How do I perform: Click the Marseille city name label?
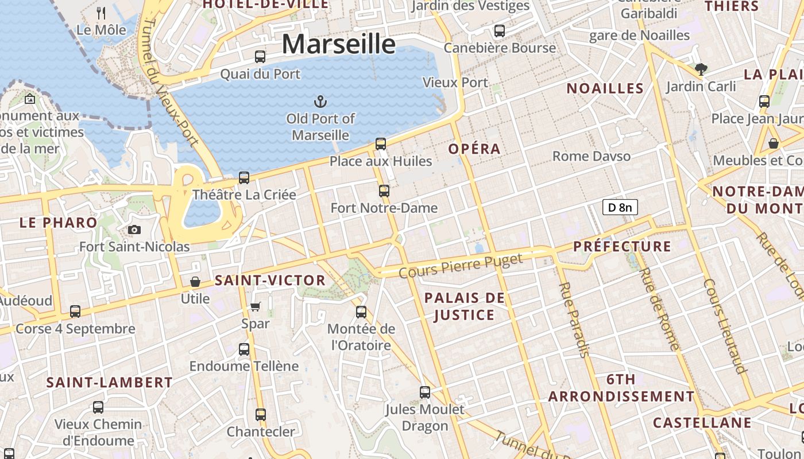click(338, 44)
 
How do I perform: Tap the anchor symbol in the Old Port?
click(320, 102)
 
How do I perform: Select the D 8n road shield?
click(620, 207)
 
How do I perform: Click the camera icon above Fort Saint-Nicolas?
click(134, 230)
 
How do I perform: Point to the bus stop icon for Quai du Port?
click(260, 57)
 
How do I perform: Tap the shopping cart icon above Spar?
click(256, 306)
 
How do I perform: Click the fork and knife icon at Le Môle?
click(101, 13)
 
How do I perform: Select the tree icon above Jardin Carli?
click(701, 69)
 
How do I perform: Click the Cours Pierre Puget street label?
click(461, 265)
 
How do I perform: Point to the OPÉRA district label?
click(474, 149)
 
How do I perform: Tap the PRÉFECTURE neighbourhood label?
click(622, 247)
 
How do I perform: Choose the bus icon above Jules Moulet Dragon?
click(425, 392)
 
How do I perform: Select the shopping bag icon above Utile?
click(195, 282)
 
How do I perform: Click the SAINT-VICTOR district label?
click(270, 281)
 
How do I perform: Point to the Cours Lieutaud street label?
click(725, 325)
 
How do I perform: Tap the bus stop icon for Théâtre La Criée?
click(244, 178)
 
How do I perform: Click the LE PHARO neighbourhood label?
click(59, 223)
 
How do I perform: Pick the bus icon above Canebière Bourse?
click(500, 31)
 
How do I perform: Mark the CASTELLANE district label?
click(702, 423)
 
